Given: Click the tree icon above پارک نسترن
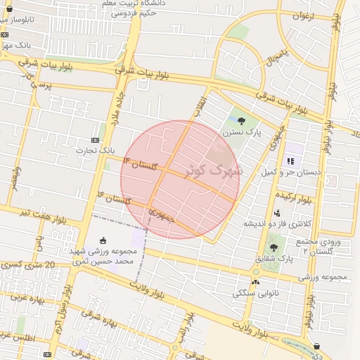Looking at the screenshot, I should pyautogui.click(x=241, y=121).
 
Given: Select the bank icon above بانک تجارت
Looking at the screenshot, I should pyautogui.click(x=96, y=140).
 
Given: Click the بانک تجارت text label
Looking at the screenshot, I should pyautogui.click(x=97, y=150).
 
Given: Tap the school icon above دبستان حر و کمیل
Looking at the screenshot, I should pyautogui.click(x=290, y=161).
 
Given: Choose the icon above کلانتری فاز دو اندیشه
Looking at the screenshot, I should pyautogui.click(x=277, y=213).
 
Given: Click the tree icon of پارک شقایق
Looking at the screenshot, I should pyautogui.click(x=273, y=247).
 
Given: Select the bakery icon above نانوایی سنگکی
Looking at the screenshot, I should pyautogui.click(x=255, y=282).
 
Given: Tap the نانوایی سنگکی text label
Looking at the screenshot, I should pyautogui.click(x=255, y=292).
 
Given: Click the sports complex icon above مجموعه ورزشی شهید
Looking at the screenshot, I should pyautogui.click(x=104, y=240).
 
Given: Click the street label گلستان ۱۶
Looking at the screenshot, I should pyautogui.click(x=115, y=197).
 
